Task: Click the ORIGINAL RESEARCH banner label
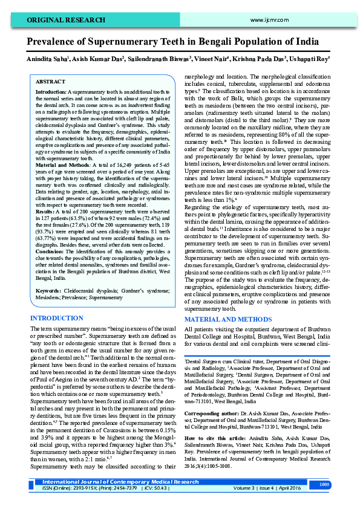point(57,20)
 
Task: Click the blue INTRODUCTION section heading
point(57,317)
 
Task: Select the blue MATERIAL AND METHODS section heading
point(228,319)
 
